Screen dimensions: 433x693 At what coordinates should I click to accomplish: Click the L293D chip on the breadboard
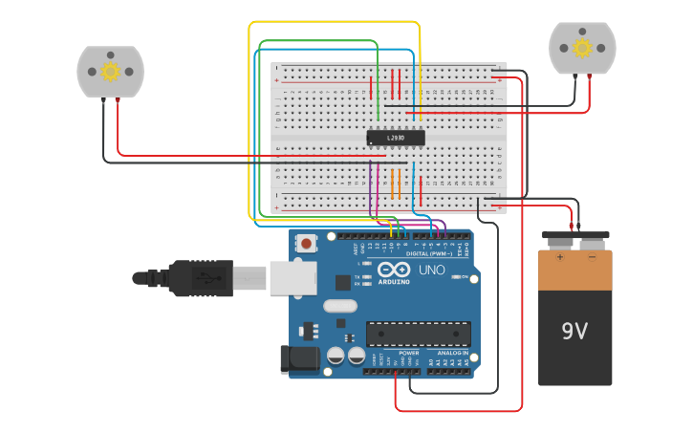click(396, 138)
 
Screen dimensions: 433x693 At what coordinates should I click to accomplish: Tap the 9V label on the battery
click(574, 331)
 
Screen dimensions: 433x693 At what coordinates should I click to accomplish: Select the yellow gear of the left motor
click(110, 72)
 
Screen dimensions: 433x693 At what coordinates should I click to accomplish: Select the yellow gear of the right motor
click(582, 48)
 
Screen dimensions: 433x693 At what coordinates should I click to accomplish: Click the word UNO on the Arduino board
click(433, 270)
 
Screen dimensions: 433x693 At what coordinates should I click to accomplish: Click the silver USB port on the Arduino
click(292, 277)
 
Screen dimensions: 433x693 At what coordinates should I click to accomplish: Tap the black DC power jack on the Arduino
click(299, 359)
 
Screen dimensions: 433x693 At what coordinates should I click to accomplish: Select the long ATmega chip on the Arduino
click(419, 333)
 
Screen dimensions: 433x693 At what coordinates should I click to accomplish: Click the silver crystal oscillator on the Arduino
click(339, 307)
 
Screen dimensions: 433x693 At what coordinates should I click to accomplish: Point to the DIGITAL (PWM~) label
click(429, 253)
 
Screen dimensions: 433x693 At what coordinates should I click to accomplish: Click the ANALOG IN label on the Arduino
click(447, 353)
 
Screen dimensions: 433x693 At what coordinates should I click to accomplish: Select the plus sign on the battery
click(560, 257)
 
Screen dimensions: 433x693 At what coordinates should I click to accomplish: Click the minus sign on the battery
click(591, 257)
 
